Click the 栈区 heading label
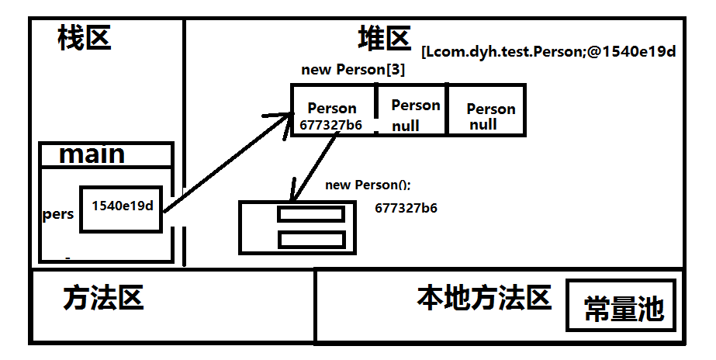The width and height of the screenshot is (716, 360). [85, 37]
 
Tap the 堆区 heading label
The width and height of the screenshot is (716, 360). [383, 37]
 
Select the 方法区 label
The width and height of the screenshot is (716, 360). [104, 298]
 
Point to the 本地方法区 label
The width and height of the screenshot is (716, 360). [484, 297]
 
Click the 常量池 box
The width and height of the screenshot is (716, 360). [624, 309]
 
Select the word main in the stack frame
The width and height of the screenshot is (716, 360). [92, 154]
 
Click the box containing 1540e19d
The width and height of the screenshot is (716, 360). [121, 207]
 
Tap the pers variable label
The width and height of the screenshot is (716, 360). [58, 214]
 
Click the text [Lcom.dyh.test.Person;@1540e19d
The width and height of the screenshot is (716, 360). [549, 53]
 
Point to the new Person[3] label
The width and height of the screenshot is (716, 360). [353, 70]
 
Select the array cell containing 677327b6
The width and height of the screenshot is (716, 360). [333, 110]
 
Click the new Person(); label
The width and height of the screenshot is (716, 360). [368, 185]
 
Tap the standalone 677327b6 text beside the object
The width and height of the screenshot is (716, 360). [406, 208]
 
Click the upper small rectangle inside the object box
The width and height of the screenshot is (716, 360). [310, 214]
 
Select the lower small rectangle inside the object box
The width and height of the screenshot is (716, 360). [310, 239]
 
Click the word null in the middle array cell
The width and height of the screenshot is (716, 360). [405, 126]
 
